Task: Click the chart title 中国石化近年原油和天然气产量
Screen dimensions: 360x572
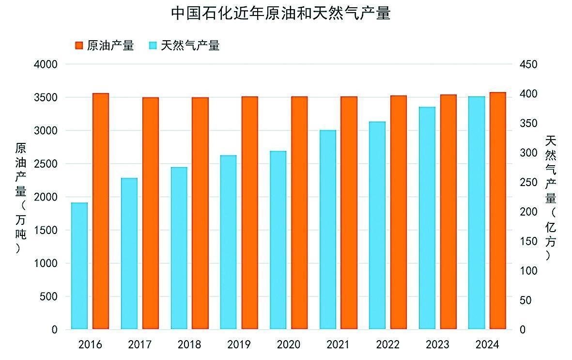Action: [280, 13]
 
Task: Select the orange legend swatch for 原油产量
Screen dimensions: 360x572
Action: [79, 46]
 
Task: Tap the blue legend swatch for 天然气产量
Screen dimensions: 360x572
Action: [153, 46]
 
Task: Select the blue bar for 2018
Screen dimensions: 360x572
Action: [179, 248]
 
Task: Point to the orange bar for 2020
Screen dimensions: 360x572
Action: [299, 213]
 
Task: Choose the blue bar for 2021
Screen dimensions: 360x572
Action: [328, 230]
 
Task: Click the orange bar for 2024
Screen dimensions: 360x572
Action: [497, 210]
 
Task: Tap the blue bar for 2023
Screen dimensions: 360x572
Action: [427, 218]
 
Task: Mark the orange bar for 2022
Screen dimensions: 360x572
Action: [399, 212]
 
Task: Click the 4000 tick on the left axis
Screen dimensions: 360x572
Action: [47, 64]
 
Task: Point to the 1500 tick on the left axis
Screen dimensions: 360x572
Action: [47, 230]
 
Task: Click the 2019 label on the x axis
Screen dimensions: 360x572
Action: [239, 345]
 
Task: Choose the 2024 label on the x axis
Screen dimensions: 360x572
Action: [487, 345]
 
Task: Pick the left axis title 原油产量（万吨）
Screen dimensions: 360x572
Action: [20, 198]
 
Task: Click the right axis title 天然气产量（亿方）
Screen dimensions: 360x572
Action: [550, 198]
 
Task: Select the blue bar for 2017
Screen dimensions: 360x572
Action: [129, 253]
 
